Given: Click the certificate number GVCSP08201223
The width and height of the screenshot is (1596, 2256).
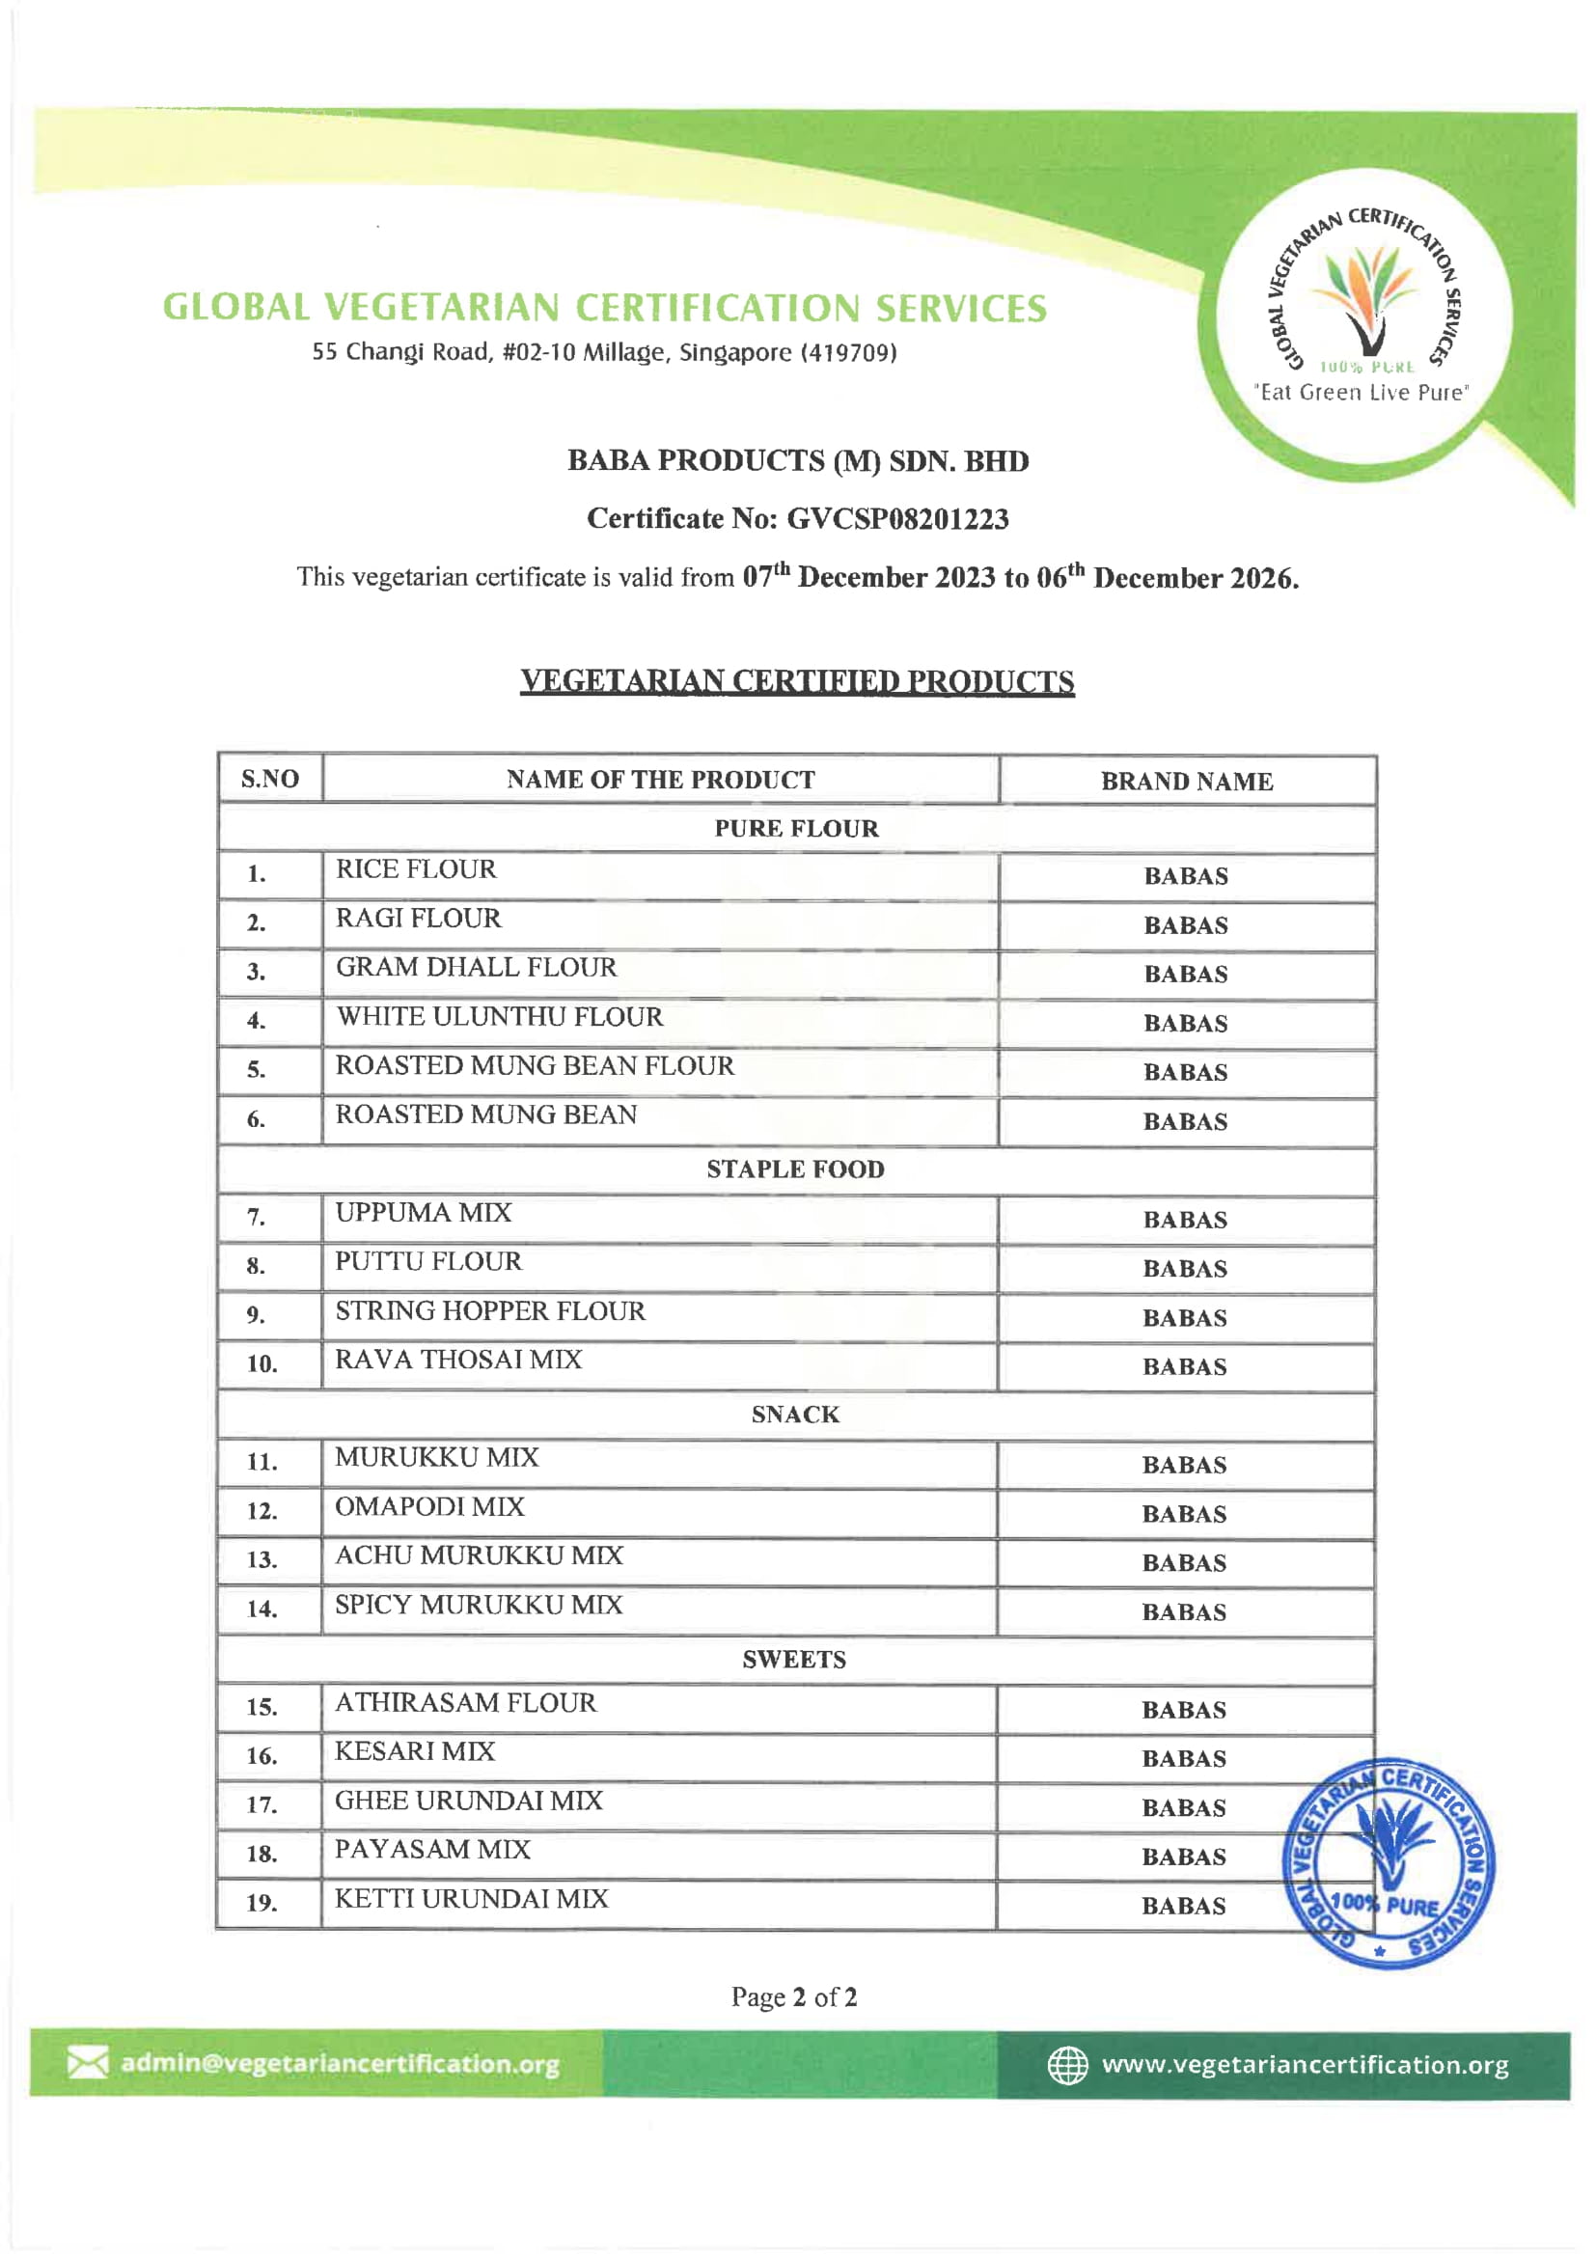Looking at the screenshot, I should tap(897, 519).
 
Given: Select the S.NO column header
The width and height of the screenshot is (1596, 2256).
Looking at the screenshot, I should tap(269, 780).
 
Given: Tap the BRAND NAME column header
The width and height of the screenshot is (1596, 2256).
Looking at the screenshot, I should tap(1186, 782).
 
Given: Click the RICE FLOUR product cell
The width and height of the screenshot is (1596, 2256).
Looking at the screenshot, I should tap(416, 869).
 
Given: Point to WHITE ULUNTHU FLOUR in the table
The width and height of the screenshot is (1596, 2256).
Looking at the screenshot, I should tap(499, 1017).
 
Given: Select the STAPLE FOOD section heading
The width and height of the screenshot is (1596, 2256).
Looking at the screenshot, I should tap(795, 1169).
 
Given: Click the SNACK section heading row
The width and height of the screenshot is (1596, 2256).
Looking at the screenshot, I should tap(795, 1414).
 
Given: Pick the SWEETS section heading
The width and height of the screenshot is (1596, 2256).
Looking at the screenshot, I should tap(794, 1660).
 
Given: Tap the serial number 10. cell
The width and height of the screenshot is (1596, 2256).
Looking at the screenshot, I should tap(261, 1363).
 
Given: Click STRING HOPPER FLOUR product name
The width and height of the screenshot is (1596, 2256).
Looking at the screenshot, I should tap(490, 1310).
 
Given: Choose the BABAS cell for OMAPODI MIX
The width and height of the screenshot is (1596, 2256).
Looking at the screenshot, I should tap(1184, 1514).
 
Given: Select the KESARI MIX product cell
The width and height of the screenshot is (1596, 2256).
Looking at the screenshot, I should tap(415, 1752).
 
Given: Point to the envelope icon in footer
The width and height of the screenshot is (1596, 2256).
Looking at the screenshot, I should tap(88, 2062).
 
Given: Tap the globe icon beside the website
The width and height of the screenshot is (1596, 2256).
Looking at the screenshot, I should tap(1067, 2064).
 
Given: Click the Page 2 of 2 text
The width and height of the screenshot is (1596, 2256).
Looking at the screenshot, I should tap(794, 1996).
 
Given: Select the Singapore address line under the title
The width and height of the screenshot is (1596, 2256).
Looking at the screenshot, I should tap(604, 352).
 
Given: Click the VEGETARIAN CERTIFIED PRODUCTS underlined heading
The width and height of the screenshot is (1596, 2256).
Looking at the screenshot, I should tap(797, 681).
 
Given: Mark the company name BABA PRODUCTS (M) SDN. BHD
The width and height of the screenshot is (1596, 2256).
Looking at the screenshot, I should tap(797, 461).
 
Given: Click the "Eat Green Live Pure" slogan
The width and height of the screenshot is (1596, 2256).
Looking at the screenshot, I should tap(1362, 392).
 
